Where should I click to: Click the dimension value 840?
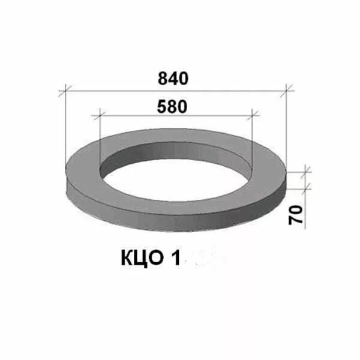point(173,79)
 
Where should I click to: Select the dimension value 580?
point(173,106)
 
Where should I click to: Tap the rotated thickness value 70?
point(295,214)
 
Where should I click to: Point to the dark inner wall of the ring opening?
point(174,151)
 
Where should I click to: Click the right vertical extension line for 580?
point(253,135)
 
